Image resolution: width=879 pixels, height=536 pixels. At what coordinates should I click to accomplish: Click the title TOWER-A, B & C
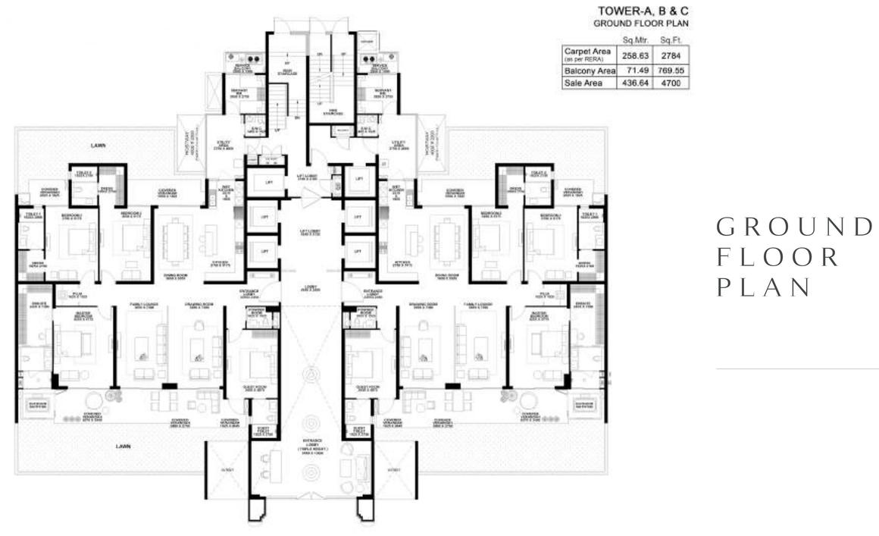(x=644, y=11)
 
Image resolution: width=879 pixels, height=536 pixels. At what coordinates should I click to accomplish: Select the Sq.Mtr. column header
(x=633, y=39)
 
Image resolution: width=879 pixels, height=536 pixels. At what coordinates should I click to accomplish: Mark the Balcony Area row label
(x=588, y=70)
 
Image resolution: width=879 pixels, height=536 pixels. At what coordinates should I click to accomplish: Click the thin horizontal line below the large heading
(x=796, y=368)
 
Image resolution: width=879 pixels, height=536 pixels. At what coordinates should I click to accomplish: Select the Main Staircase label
(x=287, y=73)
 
